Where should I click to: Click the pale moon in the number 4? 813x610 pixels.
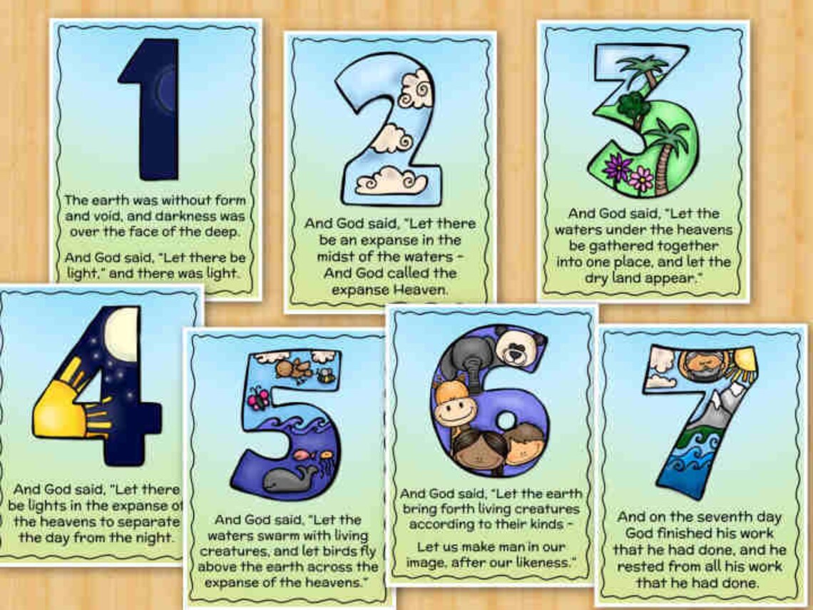[x=122, y=330]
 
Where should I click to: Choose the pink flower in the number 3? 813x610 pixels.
[x=641, y=178]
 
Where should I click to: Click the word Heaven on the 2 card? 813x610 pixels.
[x=425, y=290]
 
